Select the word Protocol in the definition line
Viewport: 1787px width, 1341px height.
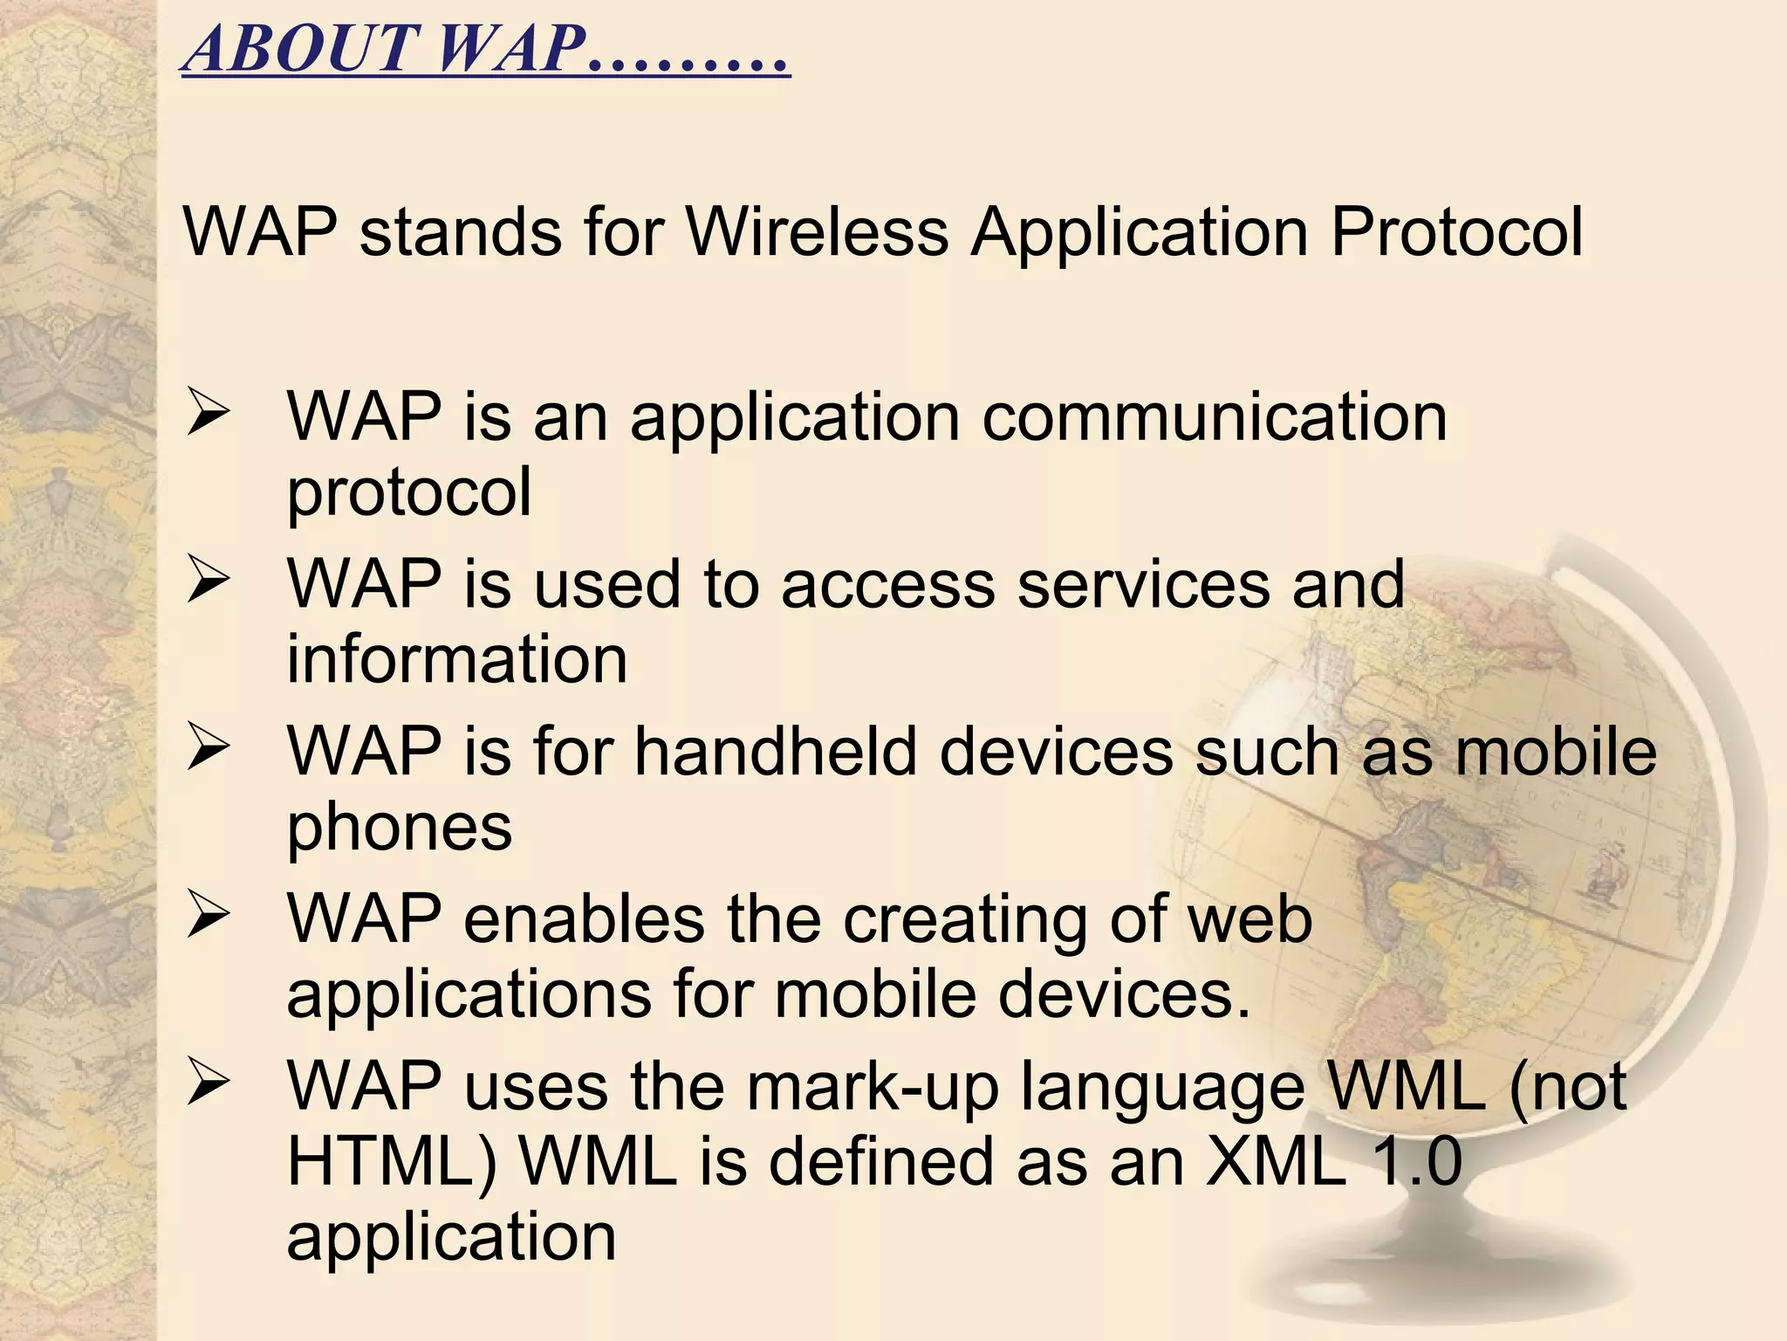pos(1456,232)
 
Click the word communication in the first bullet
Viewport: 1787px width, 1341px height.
pos(1214,417)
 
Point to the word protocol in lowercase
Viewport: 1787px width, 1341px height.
pos(409,492)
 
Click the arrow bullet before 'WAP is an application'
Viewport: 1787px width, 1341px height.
pos(208,416)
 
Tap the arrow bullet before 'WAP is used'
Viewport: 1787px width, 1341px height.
pos(208,583)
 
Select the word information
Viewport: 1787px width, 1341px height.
pos(457,659)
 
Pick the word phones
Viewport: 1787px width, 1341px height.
pos(400,828)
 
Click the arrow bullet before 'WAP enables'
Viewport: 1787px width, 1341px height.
pos(208,918)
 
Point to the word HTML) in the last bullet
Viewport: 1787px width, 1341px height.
pos(392,1162)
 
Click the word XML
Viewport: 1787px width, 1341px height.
pos(1275,1162)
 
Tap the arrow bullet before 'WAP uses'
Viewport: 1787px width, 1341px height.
pos(208,1086)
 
